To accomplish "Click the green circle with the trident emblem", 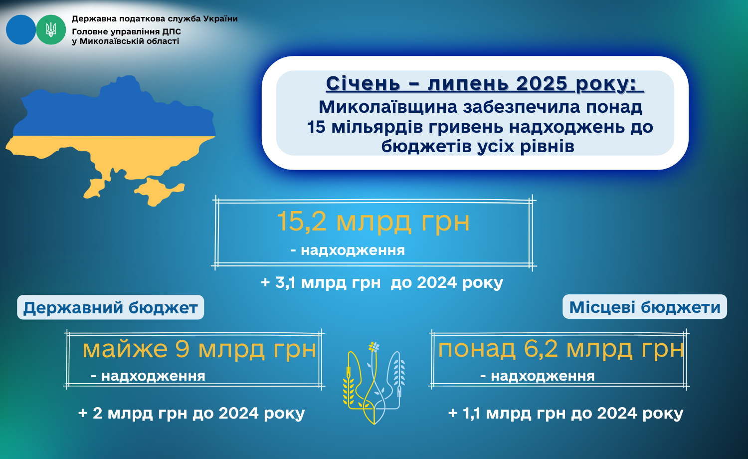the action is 51,30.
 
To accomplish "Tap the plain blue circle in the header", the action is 21,30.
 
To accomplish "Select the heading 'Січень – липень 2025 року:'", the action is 484,83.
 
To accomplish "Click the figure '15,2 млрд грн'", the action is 373,222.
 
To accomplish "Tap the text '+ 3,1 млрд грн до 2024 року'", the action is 382,282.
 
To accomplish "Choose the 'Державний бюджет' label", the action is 111,307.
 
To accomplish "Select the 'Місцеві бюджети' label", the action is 644,307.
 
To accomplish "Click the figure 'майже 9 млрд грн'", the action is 199,349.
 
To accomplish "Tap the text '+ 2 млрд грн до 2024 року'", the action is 191,413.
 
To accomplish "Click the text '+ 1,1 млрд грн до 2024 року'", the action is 565,413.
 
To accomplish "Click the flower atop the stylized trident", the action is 374,347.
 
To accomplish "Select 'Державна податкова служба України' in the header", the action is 155,18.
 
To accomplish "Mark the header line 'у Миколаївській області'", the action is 126,41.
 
